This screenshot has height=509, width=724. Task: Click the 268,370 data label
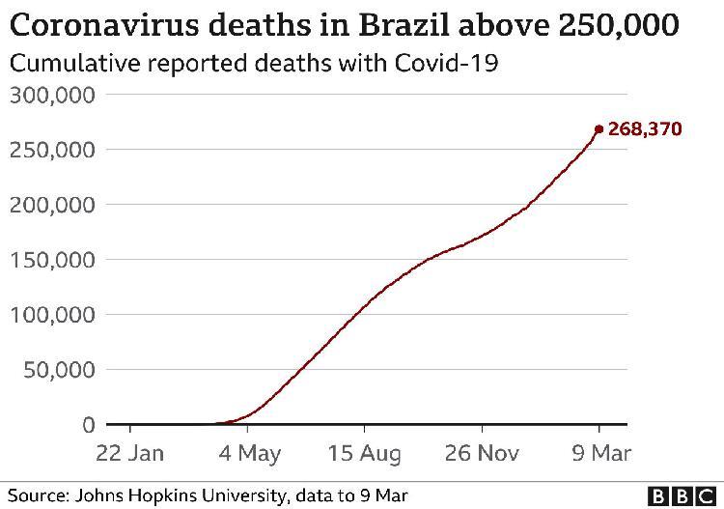point(645,128)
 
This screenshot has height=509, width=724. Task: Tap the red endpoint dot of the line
point(599,129)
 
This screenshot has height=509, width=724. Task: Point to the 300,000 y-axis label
point(52,96)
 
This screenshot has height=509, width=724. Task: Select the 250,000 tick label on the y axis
point(52,150)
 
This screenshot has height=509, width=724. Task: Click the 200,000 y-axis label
point(52,205)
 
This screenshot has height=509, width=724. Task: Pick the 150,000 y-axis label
point(52,260)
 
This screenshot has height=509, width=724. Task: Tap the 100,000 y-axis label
point(52,315)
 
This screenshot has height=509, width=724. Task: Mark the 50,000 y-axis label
point(59,370)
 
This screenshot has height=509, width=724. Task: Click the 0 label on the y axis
point(89,424)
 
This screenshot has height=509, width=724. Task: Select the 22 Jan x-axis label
point(129,453)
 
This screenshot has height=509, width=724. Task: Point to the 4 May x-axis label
point(250,454)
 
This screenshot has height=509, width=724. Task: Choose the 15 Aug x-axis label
point(364,454)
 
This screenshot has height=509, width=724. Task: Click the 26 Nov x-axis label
point(482,453)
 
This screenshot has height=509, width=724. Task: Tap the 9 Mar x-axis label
point(601,453)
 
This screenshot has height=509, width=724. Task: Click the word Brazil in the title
point(404,24)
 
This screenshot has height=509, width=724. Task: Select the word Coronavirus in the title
point(104,24)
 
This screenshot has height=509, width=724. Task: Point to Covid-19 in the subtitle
point(446,63)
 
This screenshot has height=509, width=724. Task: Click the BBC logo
point(682,497)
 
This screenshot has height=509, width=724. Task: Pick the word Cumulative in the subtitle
point(74,63)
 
